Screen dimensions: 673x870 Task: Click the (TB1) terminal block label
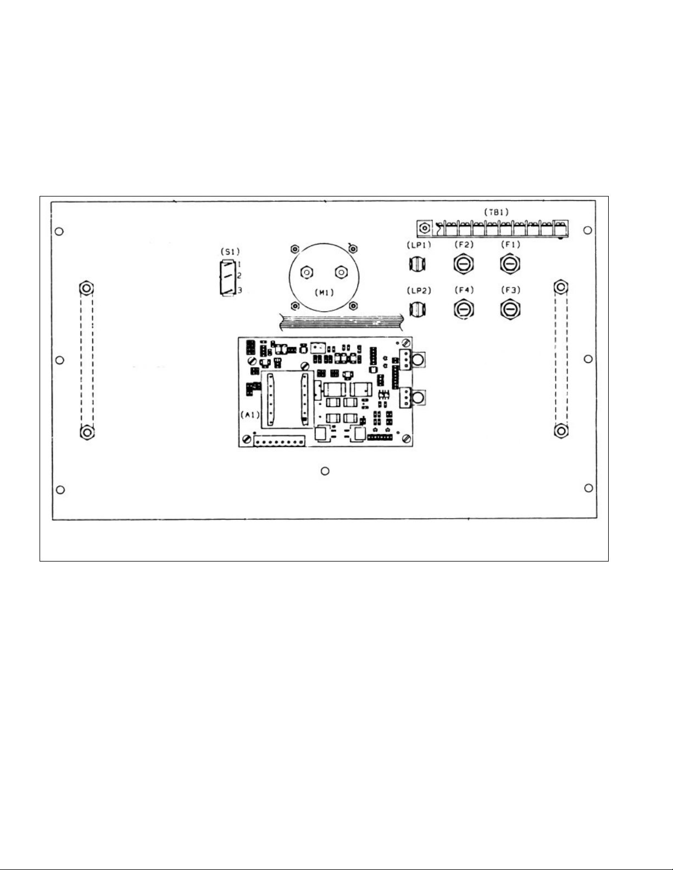[496, 212]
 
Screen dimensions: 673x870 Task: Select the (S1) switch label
[230, 252]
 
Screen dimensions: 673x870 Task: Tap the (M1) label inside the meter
[324, 293]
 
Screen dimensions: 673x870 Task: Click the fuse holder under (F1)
[510, 264]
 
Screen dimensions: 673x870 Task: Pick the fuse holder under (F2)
[464, 264]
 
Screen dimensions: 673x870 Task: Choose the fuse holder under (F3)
[510, 310]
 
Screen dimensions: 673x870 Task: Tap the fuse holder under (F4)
[464, 310]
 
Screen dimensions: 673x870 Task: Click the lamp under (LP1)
[418, 264]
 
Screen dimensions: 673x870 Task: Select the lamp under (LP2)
[418, 310]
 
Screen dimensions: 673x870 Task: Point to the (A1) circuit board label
[250, 415]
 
